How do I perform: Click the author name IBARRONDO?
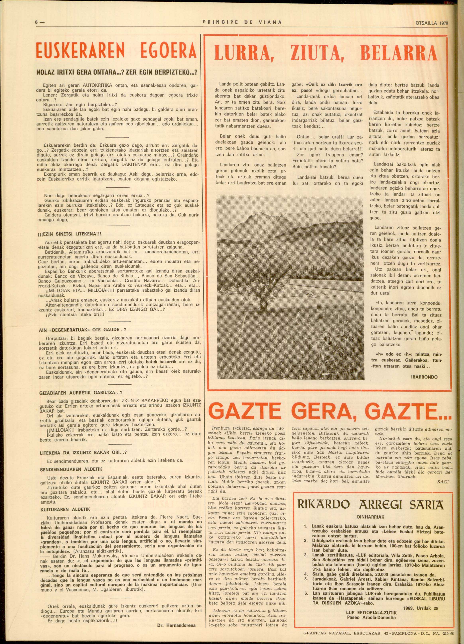coord(425,377)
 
